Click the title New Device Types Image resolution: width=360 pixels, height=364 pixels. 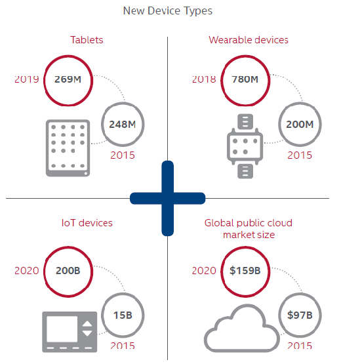click(168, 11)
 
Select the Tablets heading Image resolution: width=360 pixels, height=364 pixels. click(87, 40)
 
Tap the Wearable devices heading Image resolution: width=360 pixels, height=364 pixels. click(249, 40)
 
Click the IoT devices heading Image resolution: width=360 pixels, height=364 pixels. click(87, 223)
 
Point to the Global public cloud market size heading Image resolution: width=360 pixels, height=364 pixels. click(249, 229)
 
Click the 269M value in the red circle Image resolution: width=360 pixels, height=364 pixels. click(68, 79)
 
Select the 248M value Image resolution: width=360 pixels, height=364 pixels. click(123, 125)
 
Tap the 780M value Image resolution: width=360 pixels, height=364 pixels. click(245, 79)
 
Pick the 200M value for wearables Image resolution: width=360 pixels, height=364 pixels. click(300, 125)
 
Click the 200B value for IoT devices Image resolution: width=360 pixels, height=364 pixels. click(68, 271)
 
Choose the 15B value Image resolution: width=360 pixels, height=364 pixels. click(123, 315)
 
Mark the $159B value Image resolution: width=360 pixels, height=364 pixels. click(245, 271)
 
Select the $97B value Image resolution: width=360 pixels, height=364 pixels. click(300, 315)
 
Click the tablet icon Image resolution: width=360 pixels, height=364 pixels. click(68, 148)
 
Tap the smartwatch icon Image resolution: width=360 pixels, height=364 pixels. click(245, 146)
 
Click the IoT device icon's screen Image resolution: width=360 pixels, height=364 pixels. click(62, 329)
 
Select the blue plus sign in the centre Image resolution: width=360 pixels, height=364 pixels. click(168, 198)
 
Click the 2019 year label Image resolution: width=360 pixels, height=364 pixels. click(27, 79)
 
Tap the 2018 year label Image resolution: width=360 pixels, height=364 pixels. click(204, 79)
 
